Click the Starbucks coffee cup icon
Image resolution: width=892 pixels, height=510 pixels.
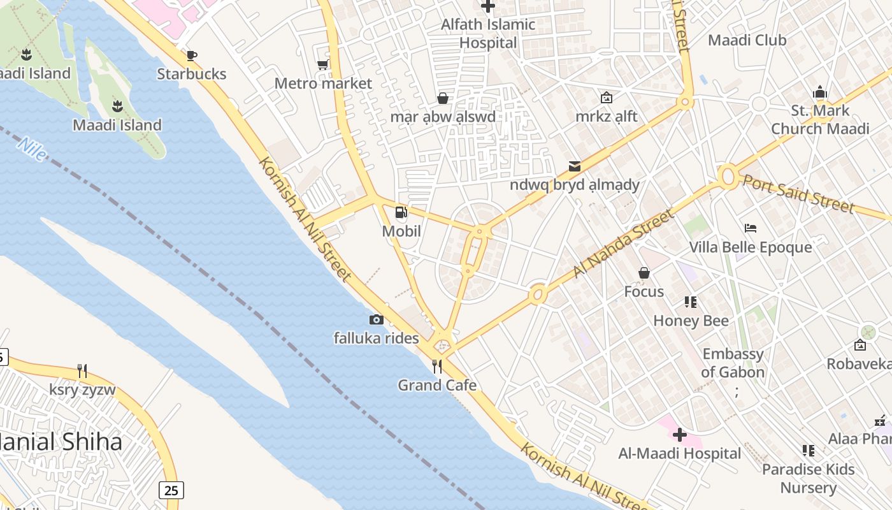pyautogui.click(x=192, y=55)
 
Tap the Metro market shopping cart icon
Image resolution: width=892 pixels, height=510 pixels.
pyautogui.click(x=323, y=64)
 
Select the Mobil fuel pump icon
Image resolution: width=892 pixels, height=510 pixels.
pyautogui.click(x=401, y=212)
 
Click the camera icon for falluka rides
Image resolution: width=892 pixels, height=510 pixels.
pyautogui.click(x=376, y=319)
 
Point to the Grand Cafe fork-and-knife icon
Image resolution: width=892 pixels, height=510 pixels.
pyautogui.click(x=437, y=366)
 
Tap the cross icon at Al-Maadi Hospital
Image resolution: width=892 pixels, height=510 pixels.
pyautogui.click(x=679, y=435)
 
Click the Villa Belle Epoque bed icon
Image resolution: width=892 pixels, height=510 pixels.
pyautogui.click(x=750, y=228)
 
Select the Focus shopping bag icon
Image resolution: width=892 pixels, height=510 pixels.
pyautogui.click(x=644, y=273)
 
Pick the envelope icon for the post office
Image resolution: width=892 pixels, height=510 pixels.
pyautogui.click(x=575, y=166)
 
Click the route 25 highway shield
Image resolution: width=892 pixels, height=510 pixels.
pyautogui.click(x=171, y=490)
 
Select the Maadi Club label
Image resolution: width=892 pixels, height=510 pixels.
pyautogui.click(x=747, y=40)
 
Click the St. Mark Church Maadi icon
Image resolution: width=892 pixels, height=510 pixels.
pyautogui.click(x=819, y=92)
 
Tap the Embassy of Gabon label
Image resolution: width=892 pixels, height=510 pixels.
pyautogui.click(x=733, y=363)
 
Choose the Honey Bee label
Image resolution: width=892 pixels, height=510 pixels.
pyautogui.click(x=691, y=321)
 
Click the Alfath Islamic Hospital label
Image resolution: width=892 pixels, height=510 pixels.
pyautogui.click(x=488, y=34)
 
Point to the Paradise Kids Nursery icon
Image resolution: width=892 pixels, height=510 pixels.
pyautogui.click(x=809, y=451)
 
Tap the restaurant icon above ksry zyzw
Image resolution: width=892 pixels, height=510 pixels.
pyautogui.click(x=82, y=370)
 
